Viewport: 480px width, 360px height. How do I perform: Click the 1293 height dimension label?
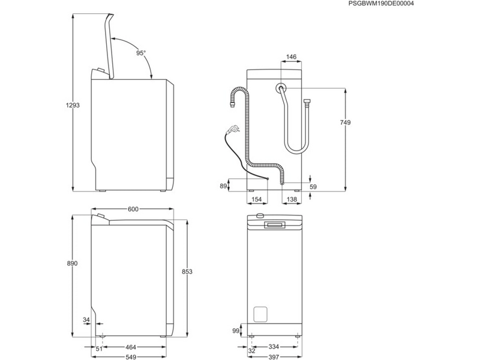(73, 105)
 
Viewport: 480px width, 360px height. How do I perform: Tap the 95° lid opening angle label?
(140, 53)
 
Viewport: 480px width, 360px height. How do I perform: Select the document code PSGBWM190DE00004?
(382, 4)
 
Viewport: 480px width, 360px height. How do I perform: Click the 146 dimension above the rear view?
(290, 57)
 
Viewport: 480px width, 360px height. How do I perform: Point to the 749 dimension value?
(344, 122)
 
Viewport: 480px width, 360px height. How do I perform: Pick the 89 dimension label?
(223, 187)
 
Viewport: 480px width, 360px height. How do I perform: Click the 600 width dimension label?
(133, 209)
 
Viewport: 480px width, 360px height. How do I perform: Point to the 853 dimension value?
(187, 272)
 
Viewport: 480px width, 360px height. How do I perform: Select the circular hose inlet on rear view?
(280, 88)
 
